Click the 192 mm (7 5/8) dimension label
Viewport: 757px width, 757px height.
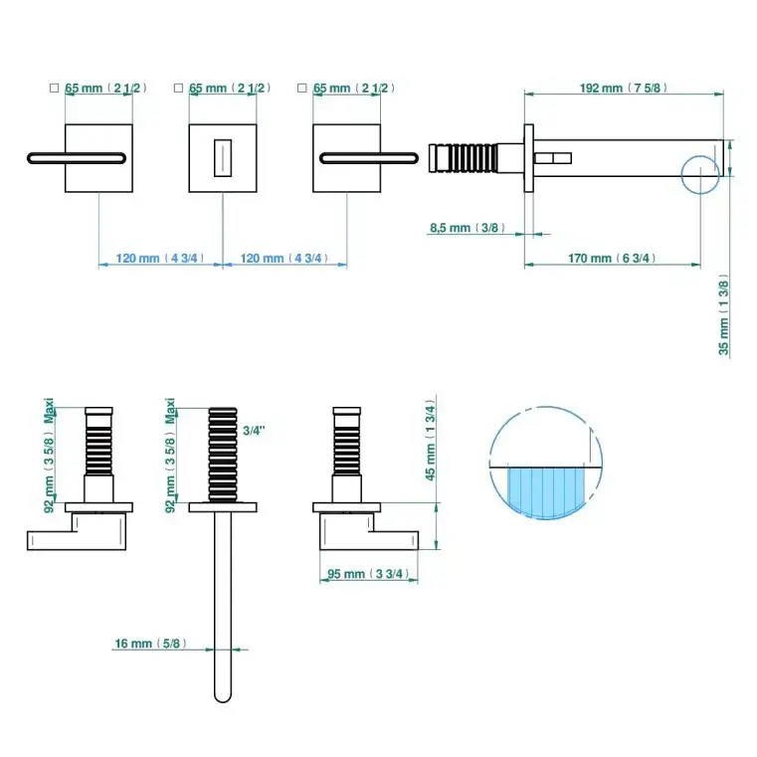pos(623,88)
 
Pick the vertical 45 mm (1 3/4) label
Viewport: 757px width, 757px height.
pos(429,442)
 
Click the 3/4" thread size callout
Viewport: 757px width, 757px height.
pos(255,430)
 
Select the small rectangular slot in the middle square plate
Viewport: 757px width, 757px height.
pos(223,158)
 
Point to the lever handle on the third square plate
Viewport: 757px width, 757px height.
pos(369,157)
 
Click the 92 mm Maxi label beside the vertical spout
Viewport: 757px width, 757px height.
pos(171,456)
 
